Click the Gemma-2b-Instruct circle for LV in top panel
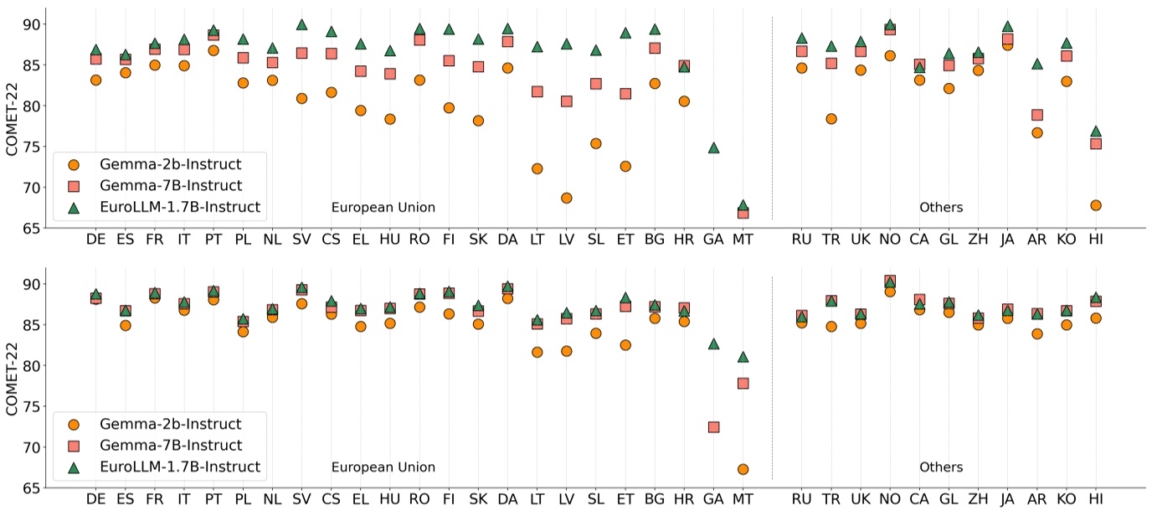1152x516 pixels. [566, 198]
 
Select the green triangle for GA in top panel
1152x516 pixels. [713, 147]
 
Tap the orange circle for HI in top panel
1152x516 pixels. [1095, 205]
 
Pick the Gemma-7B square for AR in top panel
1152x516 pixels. [1036, 115]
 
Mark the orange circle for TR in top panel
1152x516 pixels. [831, 119]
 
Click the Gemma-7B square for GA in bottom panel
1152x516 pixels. [713, 427]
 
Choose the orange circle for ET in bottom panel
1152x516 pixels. [625, 345]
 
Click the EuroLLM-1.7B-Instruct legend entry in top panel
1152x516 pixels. [179, 206]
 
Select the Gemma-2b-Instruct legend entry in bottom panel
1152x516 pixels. [170, 424]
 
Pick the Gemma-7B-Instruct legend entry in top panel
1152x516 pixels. [171, 185]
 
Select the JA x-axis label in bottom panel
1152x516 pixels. [1007, 500]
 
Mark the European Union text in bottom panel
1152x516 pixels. [383, 467]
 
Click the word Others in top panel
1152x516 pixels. [941, 207]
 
